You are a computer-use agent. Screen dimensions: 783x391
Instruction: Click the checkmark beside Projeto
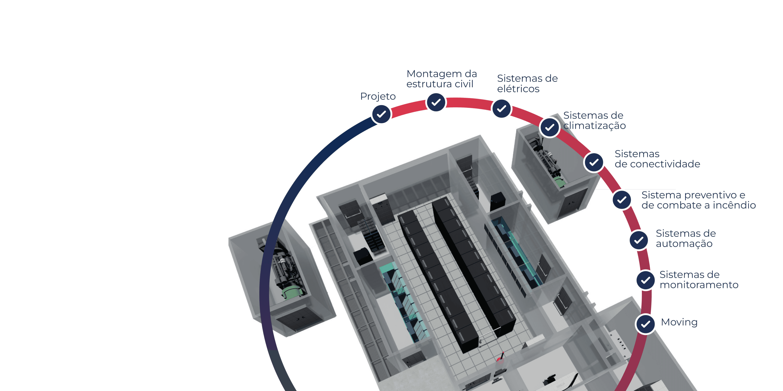click(381, 114)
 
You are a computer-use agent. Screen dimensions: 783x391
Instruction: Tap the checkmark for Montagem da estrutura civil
click(436, 102)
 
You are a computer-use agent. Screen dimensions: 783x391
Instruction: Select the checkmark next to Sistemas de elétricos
click(501, 108)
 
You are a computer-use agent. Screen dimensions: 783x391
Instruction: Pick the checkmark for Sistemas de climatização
click(550, 128)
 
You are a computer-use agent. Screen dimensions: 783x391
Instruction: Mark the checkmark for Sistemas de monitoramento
click(646, 280)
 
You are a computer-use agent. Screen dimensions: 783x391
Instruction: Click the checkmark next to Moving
click(645, 325)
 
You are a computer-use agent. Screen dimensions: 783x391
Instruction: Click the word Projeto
click(378, 96)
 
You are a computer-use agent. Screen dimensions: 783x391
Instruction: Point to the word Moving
click(679, 322)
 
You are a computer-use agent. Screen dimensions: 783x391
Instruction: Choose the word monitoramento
click(699, 285)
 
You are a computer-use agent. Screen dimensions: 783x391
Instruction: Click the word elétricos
click(518, 89)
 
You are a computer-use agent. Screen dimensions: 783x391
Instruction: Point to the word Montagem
click(434, 74)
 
